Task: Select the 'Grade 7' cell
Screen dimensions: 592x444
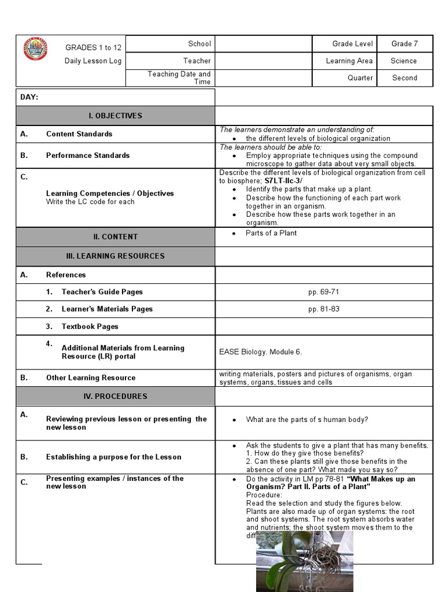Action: [x=405, y=44]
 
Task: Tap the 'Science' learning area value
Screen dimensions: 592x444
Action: [x=404, y=61]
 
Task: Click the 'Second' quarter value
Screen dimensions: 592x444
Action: [x=405, y=78]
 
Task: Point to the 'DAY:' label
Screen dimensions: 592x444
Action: [x=29, y=97]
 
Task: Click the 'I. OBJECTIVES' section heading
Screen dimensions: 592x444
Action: [x=115, y=116]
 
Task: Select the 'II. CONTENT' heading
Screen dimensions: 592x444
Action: [x=115, y=236]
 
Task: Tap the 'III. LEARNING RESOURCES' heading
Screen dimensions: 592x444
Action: [x=115, y=256]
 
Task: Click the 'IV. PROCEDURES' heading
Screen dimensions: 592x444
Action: [x=115, y=396]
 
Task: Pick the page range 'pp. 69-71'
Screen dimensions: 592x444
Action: [x=324, y=292]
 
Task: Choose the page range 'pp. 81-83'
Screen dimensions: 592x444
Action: [x=324, y=309]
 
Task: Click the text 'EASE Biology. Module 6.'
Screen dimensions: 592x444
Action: [x=261, y=351]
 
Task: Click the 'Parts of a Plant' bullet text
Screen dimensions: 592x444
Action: [x=271, y=233]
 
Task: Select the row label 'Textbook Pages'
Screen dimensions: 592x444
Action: [x=90, y=327]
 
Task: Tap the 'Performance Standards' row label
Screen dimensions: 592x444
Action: [x=88, y=155]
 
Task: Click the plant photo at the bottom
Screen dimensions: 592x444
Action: [x=304, y=561]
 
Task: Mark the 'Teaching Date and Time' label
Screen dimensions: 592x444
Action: [x=179, y=78]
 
